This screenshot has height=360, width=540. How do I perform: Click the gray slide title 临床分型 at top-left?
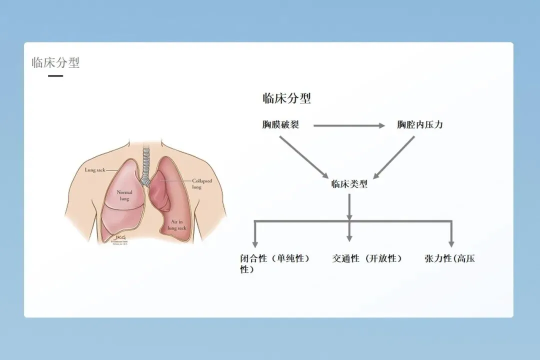click(55, 62)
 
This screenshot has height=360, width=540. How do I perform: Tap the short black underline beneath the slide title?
click(55, 76)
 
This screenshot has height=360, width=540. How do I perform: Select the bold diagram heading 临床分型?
click(286, 98)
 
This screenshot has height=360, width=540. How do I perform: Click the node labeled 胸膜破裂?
click(280, 125)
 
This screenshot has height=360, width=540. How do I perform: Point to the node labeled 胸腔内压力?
click(420, 125)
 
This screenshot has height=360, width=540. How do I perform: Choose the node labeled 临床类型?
click(349, 184)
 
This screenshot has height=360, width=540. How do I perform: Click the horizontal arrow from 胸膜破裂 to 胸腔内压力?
click(349, 125)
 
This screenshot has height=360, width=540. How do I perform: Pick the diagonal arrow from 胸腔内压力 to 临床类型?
click(394, 157)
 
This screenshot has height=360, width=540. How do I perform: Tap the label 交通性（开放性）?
click(367, 258)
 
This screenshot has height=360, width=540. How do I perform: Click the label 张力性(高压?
click(449, 258)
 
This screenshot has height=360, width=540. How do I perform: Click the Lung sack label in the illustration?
click(94, 170)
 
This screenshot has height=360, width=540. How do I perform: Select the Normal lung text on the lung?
click(124, 195)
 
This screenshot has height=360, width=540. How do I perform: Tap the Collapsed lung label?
click(202, 183)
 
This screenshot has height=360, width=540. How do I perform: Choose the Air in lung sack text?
click(178, 224)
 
